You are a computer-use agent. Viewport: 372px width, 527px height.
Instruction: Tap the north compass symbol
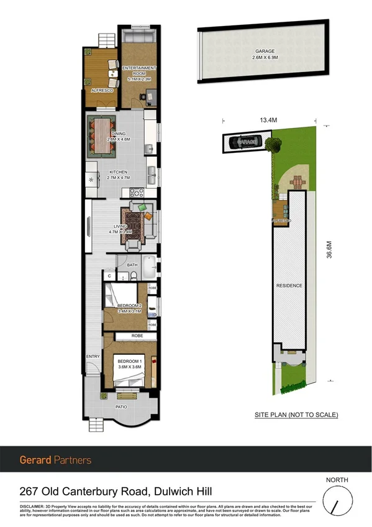337,501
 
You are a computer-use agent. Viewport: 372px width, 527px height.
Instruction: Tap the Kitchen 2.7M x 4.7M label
119,175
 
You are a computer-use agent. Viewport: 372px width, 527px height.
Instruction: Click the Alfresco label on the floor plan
101,90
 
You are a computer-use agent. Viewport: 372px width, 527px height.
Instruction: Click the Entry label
93,356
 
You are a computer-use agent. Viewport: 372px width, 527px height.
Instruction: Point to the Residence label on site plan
289,285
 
